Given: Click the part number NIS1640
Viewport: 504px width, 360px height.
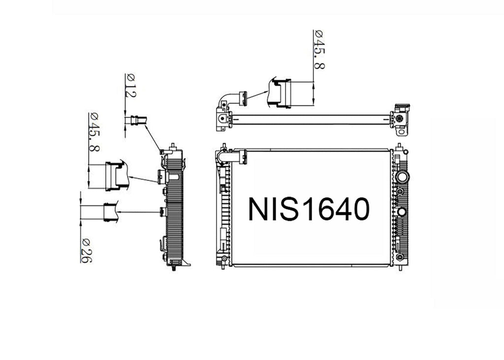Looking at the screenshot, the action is (x=309, y=209).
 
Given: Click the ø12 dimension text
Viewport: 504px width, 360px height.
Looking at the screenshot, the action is (x=131, y=86).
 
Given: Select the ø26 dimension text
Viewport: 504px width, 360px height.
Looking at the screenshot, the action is (x=87, y=251).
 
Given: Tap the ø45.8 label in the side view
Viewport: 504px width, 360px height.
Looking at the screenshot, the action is (x=94, y=132).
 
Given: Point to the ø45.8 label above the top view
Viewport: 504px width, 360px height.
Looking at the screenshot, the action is (x=319, y=50).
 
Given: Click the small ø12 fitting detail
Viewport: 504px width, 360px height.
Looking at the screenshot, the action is (x=139, y=120).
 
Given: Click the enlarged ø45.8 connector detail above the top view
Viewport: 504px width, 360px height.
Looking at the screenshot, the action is (x=279, y=93).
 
